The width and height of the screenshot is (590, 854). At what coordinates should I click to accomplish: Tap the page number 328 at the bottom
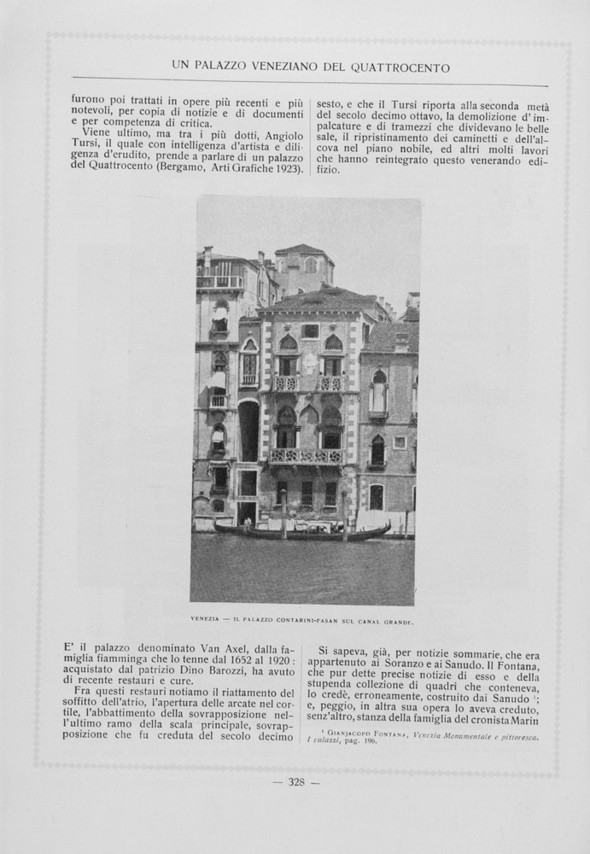(x=296, y=782)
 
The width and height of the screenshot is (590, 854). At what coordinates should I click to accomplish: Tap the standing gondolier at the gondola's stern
(x=248, y=522)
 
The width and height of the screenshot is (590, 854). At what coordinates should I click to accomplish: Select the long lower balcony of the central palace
(x=306, y=456)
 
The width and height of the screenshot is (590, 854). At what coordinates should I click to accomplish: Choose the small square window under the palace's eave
(x=310, y=331)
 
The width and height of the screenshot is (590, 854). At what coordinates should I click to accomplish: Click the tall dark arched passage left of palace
(x=248, y=432)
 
